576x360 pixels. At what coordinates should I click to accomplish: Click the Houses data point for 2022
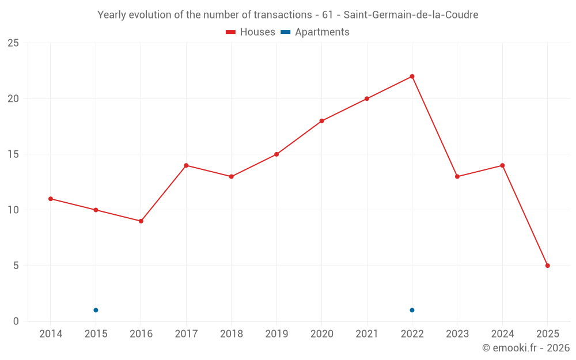[x=412, y=77]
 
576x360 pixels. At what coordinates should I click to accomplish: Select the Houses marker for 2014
[x=51, y=199]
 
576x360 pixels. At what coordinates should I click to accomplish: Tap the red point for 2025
[x=547, y=266]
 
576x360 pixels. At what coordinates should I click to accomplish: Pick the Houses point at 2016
[x=141, y=221]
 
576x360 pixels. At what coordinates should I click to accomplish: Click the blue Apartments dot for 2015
[x=96, y=310]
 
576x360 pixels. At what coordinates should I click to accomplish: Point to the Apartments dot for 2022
[x=412, y=310]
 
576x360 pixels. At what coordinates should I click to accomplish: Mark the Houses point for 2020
[x=321, y=121]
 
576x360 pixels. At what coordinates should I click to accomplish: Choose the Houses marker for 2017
[x=186, y=165]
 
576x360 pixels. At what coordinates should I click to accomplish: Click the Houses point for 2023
[x=457, y=176]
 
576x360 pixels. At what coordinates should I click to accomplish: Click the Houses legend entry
[x=251, y=32]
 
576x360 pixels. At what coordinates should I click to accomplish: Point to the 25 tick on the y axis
[x=13, y=43]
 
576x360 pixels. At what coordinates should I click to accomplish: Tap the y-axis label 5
[x=16, y=266]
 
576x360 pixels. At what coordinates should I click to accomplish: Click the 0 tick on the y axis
[x=16, y=321]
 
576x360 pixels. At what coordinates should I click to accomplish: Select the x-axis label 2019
[x=276, y=334]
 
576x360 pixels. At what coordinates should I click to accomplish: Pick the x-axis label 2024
[x=502, y=334]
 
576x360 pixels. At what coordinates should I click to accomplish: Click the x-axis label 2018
[x=231, y=334]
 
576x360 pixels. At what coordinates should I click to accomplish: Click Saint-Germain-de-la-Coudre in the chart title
[x=411, y=15]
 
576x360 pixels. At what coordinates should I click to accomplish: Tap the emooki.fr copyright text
[x=525, y=348]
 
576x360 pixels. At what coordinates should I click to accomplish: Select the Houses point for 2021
[x=367, y=98]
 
